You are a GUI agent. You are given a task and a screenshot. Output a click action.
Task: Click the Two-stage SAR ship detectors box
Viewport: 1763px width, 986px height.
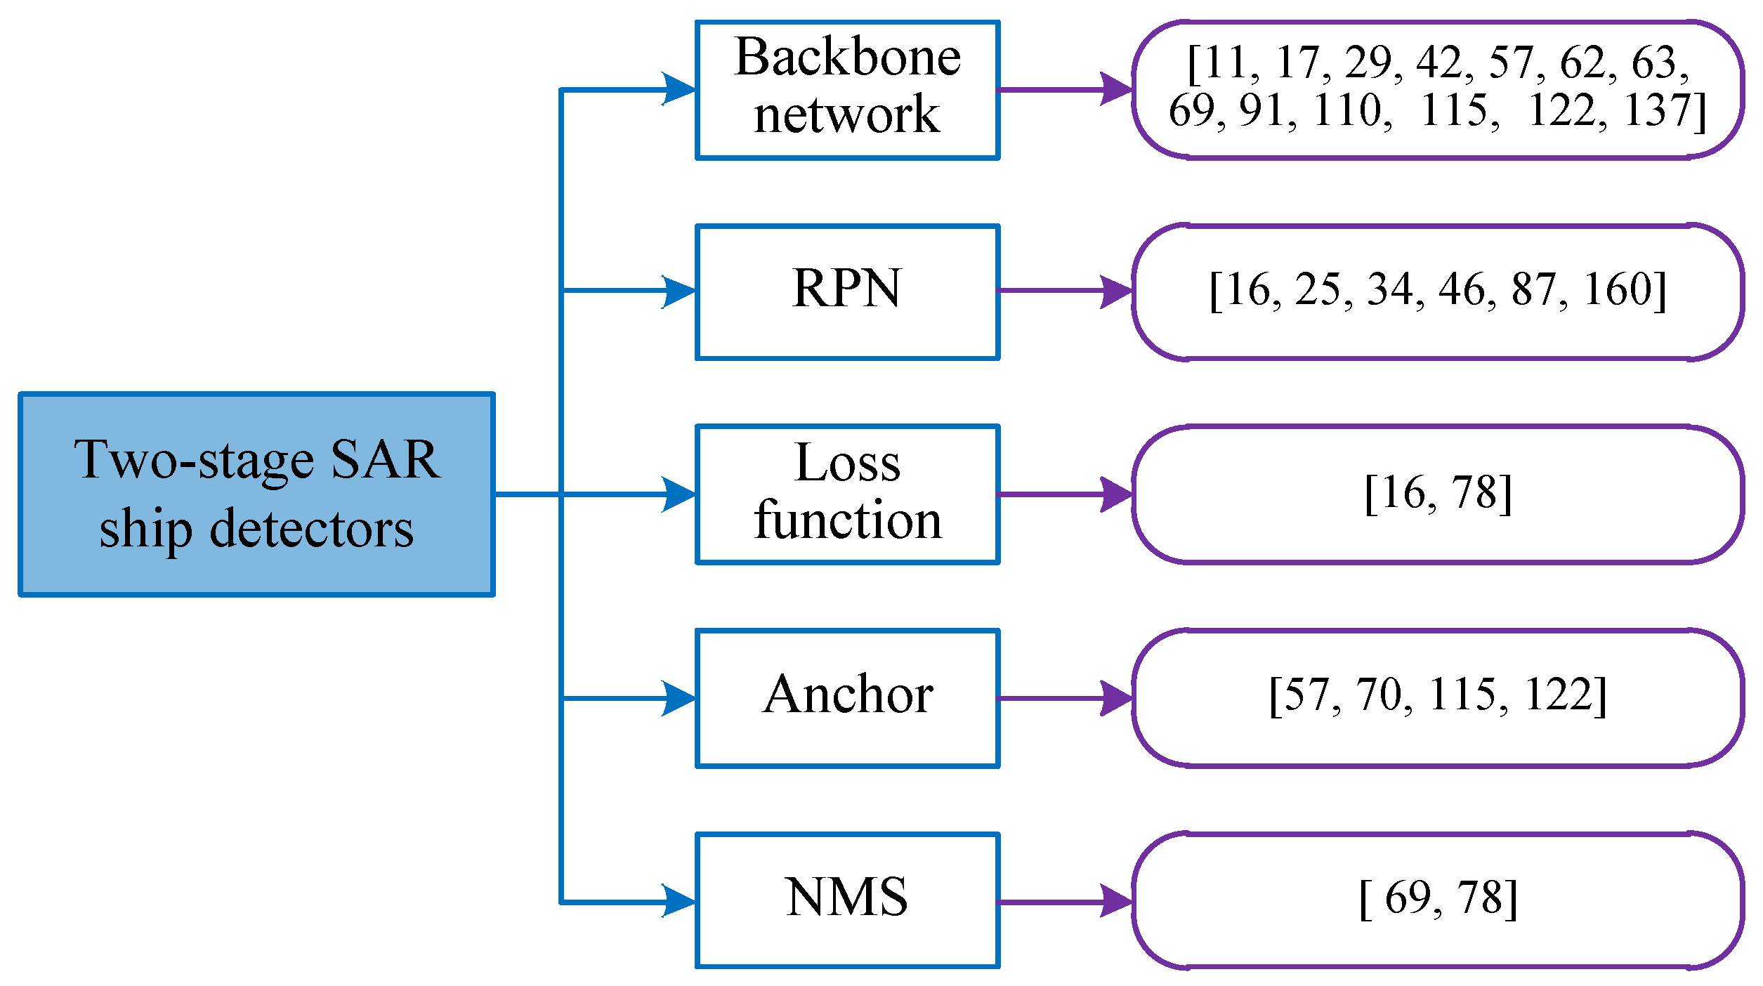[x=256, y=494]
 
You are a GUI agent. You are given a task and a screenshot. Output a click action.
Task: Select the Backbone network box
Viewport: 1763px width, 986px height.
[x=847, y=90]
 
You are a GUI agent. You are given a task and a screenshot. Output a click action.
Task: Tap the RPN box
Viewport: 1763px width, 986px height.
[x=847, y=291]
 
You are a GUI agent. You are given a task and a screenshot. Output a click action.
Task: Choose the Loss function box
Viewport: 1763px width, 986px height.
[x=847, y=494]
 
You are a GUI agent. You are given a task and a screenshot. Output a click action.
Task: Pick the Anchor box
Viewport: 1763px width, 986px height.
[x=847, y=697]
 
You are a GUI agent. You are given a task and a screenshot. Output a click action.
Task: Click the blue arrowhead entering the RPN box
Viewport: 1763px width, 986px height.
[x=678, y=291]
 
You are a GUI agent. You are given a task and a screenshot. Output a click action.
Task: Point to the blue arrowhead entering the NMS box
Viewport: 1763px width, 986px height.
[x=678, y=902]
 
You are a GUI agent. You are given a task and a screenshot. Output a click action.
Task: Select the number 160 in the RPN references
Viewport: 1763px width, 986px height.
[x=1617, y=289]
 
